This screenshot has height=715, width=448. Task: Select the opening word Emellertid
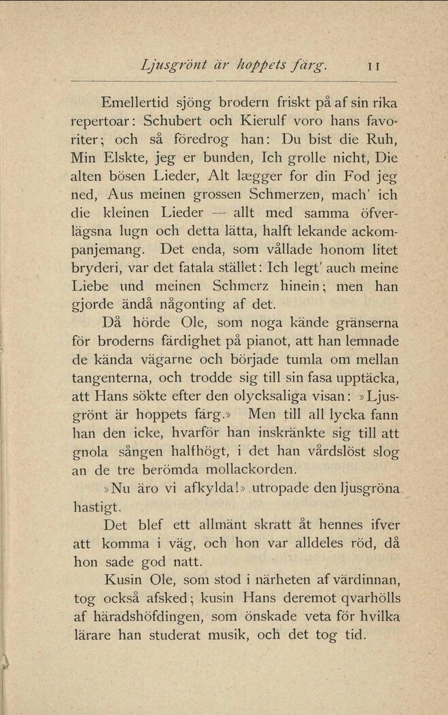135,103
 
